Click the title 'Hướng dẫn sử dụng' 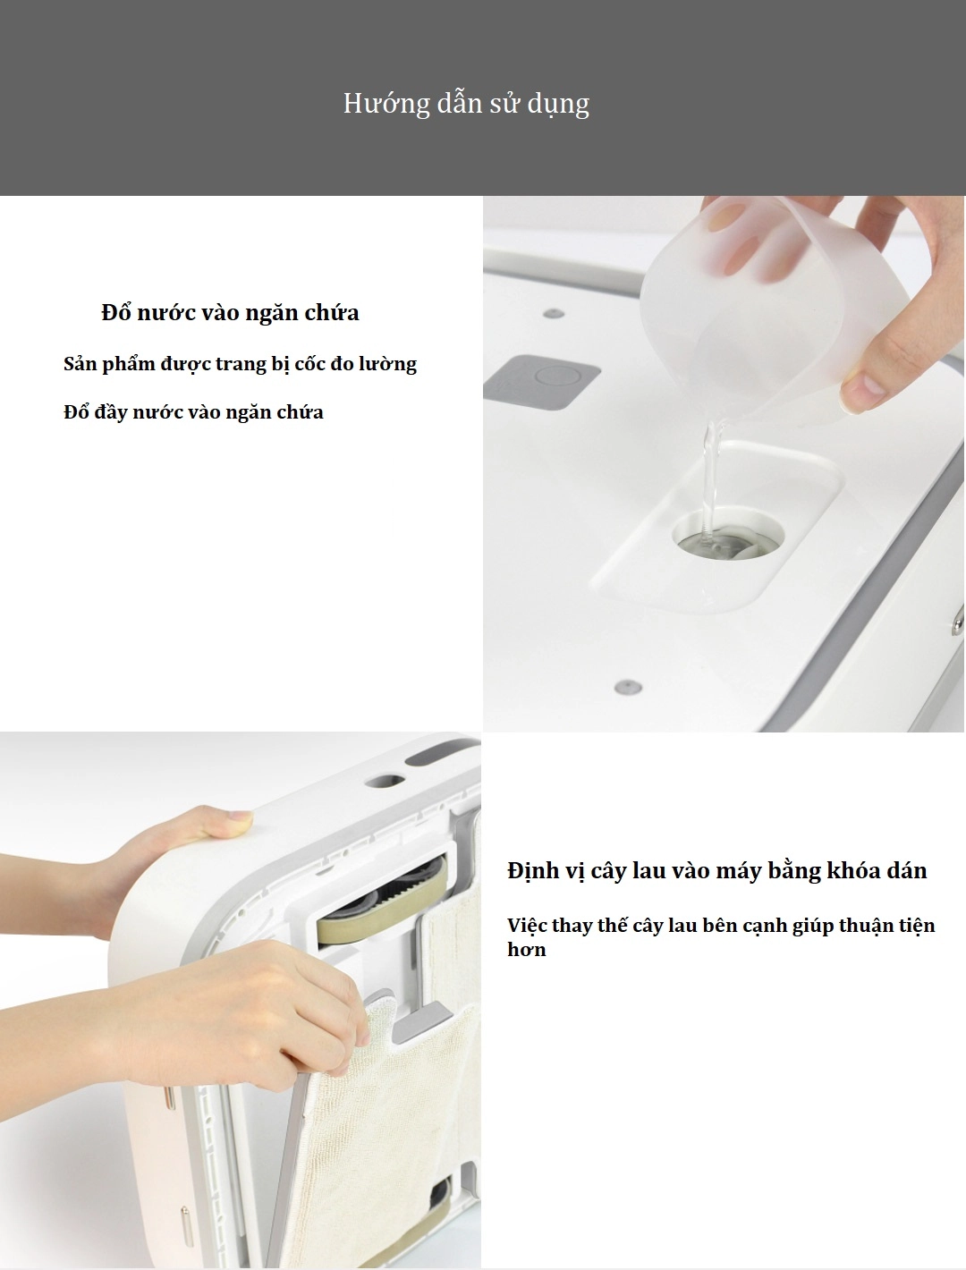tap(466, 104)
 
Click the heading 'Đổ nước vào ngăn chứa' tap(230, 313)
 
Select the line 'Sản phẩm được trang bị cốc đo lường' tap(240, 364)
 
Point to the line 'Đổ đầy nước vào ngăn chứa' tap(193, 412)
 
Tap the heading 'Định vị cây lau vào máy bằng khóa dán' tap(716, 871)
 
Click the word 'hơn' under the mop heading tap(526, 950)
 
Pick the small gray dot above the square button tap(554, 314)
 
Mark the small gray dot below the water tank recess tap(629, 687)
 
